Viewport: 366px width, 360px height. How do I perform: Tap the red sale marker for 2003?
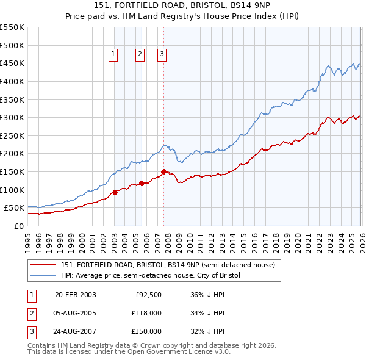[115, 192]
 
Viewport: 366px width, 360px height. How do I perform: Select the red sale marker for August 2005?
[142, 183]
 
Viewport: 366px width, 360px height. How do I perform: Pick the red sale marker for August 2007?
[163, 171]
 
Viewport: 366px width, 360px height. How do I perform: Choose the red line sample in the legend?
[43, 265]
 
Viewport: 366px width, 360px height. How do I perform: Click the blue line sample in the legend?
[43, 275]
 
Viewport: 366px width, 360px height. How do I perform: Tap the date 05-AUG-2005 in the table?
[75, 313]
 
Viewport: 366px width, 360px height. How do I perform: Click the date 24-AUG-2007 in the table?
[75, 331]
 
